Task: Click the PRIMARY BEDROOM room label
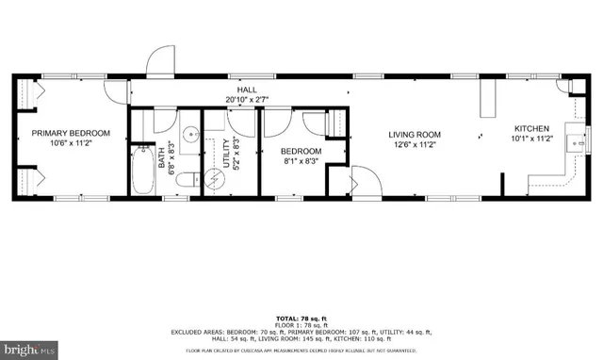(72, 133)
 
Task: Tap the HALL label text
(248, 88)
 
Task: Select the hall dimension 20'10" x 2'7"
(248, 98)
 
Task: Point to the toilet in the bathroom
(188, 178)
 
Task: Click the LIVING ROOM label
(416, 134)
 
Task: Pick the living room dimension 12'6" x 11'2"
(416, 145)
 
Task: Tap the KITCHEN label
(532, 128)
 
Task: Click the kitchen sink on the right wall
(572, 142)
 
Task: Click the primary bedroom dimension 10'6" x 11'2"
(72, 144)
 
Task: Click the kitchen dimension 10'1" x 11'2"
(532, 139)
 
